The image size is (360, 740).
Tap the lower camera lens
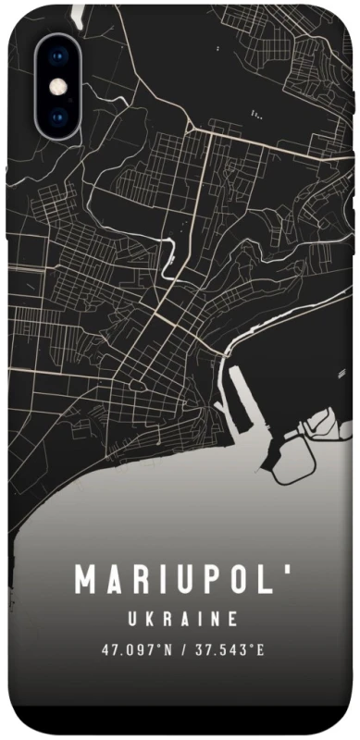click(58, 117)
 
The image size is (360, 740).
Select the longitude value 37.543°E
click(229, 650)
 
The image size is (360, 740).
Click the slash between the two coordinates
click(184, 650)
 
